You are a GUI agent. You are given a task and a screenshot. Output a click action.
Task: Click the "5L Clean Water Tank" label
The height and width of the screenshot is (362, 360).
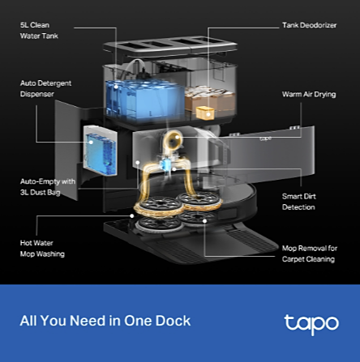click(39, 31)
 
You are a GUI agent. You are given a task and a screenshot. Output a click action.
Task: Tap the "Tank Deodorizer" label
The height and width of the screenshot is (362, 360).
click(309, 25)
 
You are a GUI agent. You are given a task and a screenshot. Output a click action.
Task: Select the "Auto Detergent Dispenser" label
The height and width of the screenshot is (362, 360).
click(45, 88)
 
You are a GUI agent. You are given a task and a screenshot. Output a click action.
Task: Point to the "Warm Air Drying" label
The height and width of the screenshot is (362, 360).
click(309, 95)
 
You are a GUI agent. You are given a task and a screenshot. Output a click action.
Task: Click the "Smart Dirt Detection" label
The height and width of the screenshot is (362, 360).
click(298, 202)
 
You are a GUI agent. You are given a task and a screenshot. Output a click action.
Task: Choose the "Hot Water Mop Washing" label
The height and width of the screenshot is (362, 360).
click(42, 249)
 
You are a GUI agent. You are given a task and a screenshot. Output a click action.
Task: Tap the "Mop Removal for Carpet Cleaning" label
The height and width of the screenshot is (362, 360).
click(310, 253)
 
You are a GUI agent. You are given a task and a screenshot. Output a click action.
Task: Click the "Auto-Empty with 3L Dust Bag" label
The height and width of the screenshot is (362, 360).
click(48, 187)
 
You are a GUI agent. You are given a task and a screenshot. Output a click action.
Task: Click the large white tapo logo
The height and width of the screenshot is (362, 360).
click(311, 325)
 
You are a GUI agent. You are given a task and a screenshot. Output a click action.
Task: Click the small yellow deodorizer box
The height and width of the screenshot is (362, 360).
click(205, 113)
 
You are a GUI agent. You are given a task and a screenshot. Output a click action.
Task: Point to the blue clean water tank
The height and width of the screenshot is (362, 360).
click(144, 99)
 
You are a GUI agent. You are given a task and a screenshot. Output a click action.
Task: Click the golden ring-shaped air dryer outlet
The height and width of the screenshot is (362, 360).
click(173, 140)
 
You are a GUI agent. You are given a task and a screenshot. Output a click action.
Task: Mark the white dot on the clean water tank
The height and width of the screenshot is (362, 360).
click(116, 87)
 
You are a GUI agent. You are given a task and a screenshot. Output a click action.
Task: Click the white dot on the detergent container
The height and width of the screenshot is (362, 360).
click(91, 142)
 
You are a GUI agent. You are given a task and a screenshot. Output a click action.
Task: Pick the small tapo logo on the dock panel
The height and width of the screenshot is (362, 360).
click(265, 138)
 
